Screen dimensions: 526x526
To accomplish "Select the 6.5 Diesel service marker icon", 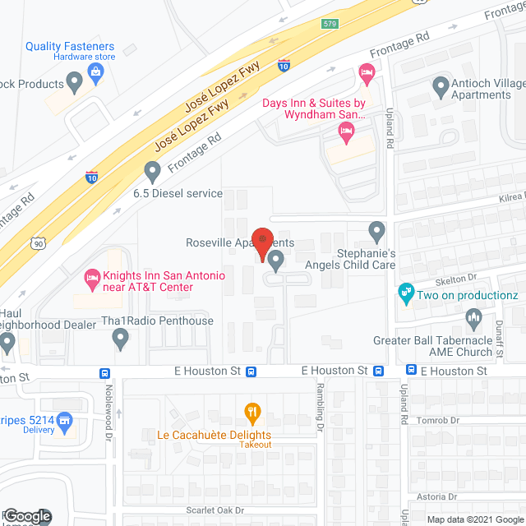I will tap(152, 172).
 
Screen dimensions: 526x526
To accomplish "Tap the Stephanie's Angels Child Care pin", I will tap(376, 230).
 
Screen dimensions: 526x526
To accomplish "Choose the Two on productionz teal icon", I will tap(404, 291).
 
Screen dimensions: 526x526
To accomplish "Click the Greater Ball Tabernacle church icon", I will tap(473, 317).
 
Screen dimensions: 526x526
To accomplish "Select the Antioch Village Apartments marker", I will tap(441, 85).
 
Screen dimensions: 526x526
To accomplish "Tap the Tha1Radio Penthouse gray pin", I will tap(121, 337).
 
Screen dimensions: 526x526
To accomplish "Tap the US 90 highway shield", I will tap(38, 242).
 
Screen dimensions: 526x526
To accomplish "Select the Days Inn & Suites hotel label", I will tap(313, 108).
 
